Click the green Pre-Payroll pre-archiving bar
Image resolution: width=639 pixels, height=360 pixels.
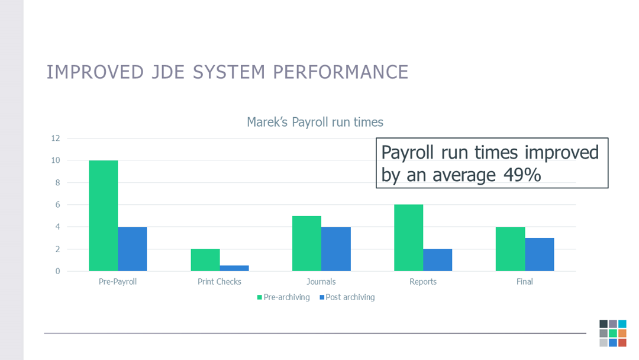[103, 216]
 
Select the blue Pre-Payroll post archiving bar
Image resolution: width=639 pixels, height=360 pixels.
[132, 249]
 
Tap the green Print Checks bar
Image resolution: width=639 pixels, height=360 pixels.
[205, 260]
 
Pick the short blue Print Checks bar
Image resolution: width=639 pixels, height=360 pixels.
[234, 268]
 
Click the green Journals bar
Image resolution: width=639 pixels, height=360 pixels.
[306, 243]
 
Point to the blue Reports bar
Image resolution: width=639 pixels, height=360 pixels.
[438, 260]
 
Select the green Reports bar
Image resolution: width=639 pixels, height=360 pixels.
[408, 237]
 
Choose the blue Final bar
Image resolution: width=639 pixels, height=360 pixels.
[540, 255]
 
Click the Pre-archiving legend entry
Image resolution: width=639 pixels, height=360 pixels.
[283, 297]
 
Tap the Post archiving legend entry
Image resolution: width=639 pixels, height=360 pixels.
[347, 297]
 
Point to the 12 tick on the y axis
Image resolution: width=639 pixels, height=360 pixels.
[56, 139]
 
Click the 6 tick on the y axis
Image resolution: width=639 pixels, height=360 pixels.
[57, 205]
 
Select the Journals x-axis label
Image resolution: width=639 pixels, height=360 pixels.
[321, 282]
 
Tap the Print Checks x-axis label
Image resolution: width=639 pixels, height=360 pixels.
[220, 282]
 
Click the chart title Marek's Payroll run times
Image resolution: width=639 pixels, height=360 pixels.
[315, 123]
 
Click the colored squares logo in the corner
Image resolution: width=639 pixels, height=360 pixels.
[612, 333]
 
